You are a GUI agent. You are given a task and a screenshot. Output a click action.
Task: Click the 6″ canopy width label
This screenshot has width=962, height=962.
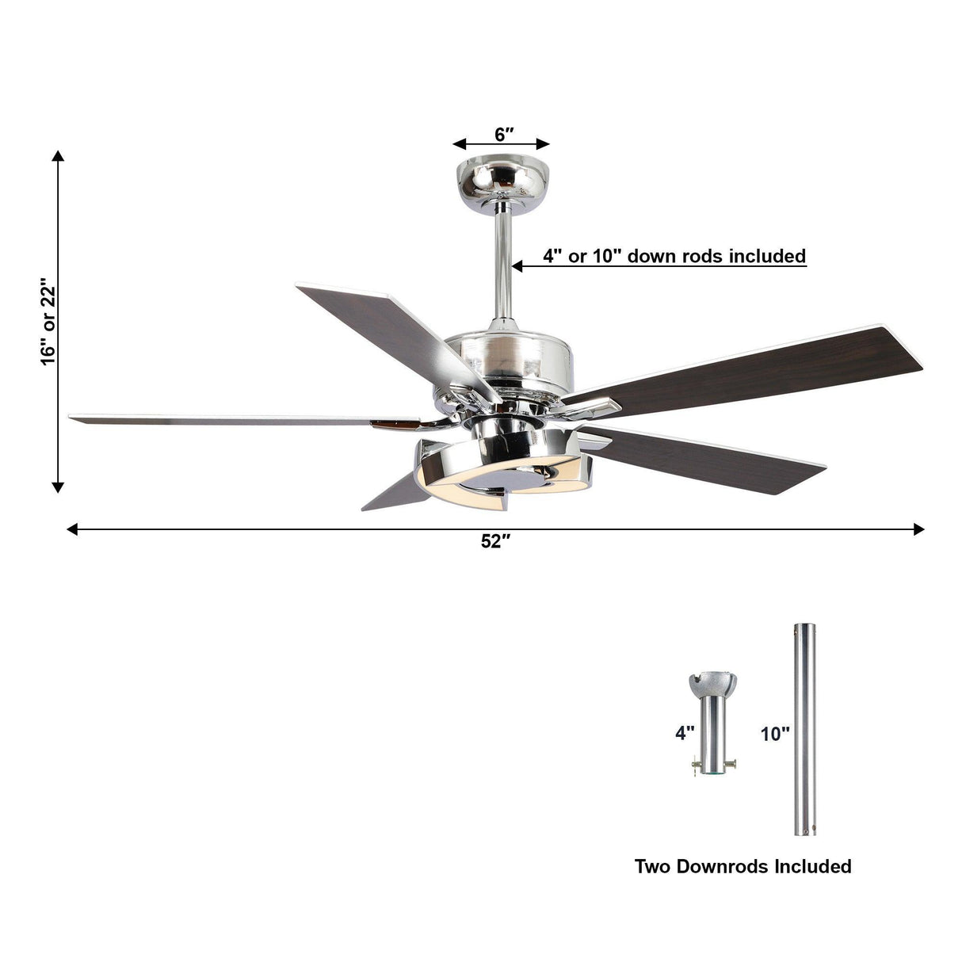pos(501,134)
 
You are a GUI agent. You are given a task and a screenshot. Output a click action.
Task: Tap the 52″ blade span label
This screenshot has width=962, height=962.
pos(495,542)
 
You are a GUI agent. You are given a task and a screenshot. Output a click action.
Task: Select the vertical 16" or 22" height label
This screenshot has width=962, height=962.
pos(49,322)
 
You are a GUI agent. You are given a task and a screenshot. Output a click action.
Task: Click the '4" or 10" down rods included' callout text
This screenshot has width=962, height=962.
pos(674,256)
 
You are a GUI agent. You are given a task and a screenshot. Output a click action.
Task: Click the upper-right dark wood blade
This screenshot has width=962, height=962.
pos(753,365)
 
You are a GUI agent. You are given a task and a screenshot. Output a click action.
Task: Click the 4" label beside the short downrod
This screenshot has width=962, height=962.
pos(684,733)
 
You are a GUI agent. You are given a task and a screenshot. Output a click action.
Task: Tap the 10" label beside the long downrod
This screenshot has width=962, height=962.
pos(774,734)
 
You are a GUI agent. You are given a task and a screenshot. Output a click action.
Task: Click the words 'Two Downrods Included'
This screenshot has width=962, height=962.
pos(742,866)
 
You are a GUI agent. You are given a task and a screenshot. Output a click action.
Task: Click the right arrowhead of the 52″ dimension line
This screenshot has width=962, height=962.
pos(918,529)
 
